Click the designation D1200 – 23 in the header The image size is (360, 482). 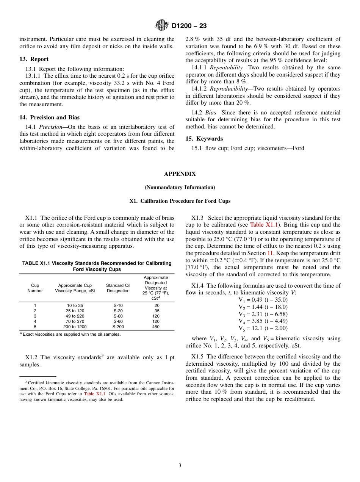(x=189, y=26)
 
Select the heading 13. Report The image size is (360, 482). (x=34, y=59)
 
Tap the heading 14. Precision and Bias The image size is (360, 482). (x=50, y=117)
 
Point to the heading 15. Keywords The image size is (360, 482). (x=204, y=139)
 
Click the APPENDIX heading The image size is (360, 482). (x=180, y=174)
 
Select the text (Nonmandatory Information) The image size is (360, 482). (x=180, y=188)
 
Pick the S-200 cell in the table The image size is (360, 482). (x=118, y=327)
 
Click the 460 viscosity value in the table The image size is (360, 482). (x=156, y=327)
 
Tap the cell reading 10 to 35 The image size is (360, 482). (x=75, y=305)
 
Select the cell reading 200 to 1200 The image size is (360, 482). (x=75, y=327)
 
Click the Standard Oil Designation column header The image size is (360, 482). (x=118, y=288)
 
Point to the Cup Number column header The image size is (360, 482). (x=35, y=288)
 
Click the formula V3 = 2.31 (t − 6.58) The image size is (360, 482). (x=263, y=314)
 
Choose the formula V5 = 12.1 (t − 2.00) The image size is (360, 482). (x=263, y=328)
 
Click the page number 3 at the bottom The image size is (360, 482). (x=180, y=466)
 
